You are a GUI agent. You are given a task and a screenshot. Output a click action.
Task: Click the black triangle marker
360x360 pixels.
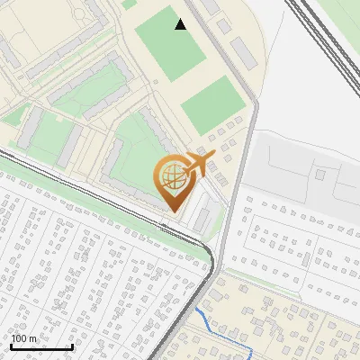(181, 24)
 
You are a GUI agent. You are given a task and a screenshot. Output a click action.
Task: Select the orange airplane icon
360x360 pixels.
(198, 166)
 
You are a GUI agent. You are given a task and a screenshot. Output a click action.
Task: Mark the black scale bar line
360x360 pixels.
(41, 346)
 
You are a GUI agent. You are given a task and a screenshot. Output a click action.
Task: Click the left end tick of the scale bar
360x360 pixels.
(11, 345)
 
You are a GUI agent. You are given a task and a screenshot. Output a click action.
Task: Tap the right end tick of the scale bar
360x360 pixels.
(72, 345)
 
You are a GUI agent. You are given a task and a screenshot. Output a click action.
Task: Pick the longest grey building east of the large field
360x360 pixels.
(242, 53)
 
